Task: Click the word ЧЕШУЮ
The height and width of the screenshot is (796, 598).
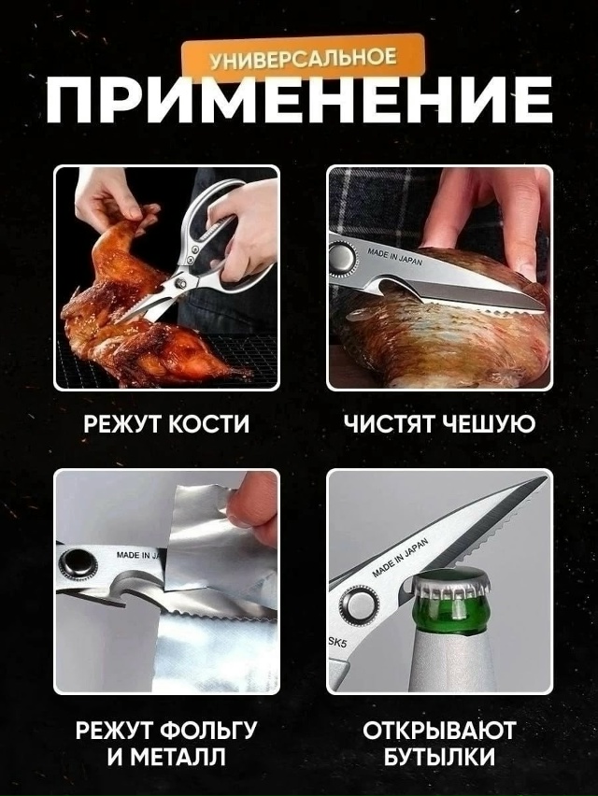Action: [x=489, y=423]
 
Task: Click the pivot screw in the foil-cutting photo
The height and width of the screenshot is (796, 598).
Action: [x=74, y=564]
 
